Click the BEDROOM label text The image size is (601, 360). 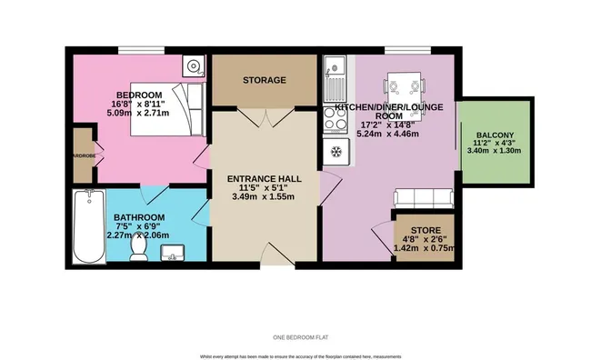click(139, 95)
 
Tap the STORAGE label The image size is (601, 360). click(265, 80)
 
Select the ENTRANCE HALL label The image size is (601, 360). click(265, 180)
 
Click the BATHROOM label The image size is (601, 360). click(139, 217)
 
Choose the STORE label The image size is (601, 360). click(426, 230)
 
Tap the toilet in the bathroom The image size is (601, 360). click(138, 246)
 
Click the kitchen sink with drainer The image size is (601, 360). click(334, 78)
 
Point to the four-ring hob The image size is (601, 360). click(334, 149)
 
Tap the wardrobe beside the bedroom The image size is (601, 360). click(83, 154)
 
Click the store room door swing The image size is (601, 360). click(382, 234)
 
